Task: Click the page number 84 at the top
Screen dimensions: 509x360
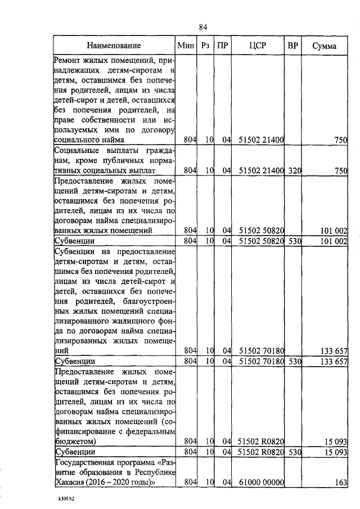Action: pyautogui.click(x=204, y=27)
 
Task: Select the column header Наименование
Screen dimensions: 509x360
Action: pyautogui.click(x=114, y=46)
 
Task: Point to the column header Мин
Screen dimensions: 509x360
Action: pyautogui.click(x=186, y=46)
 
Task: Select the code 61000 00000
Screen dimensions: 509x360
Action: pyautogui.click(x=261, y=481)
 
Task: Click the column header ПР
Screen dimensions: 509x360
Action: pyautogui.click(x=223, y=46)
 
